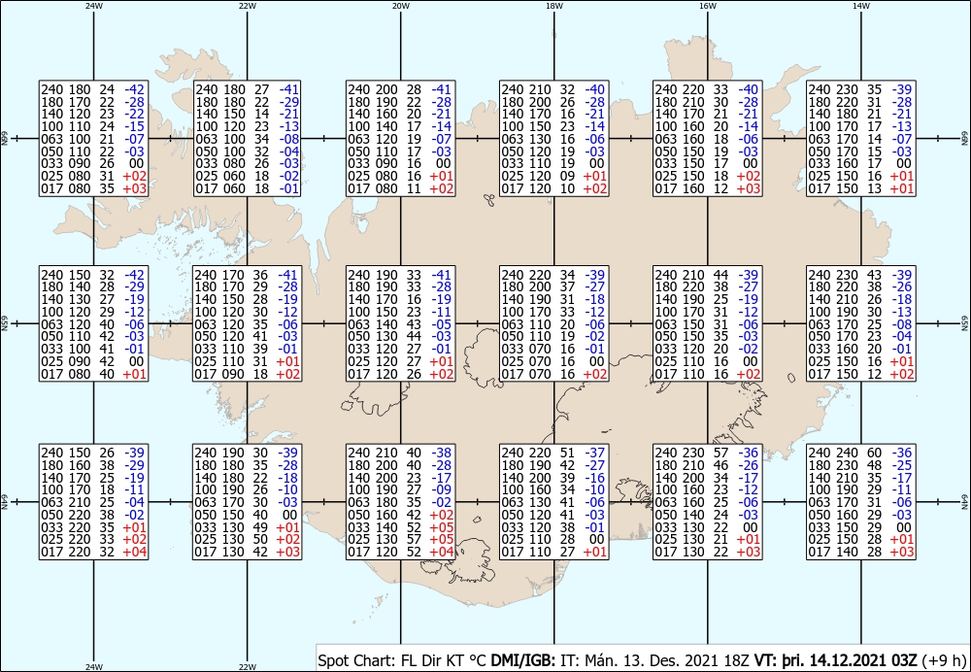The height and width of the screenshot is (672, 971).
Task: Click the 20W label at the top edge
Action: pyautogui.click(x=401, y=6)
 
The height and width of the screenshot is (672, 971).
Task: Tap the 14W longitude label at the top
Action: pyautogui.click(x=860, y=6)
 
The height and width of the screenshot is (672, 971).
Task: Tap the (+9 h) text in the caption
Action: pyautogui.click(x=944, y=660)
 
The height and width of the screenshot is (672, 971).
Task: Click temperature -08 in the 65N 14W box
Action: pyautogui.click(x=902, y=324)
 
